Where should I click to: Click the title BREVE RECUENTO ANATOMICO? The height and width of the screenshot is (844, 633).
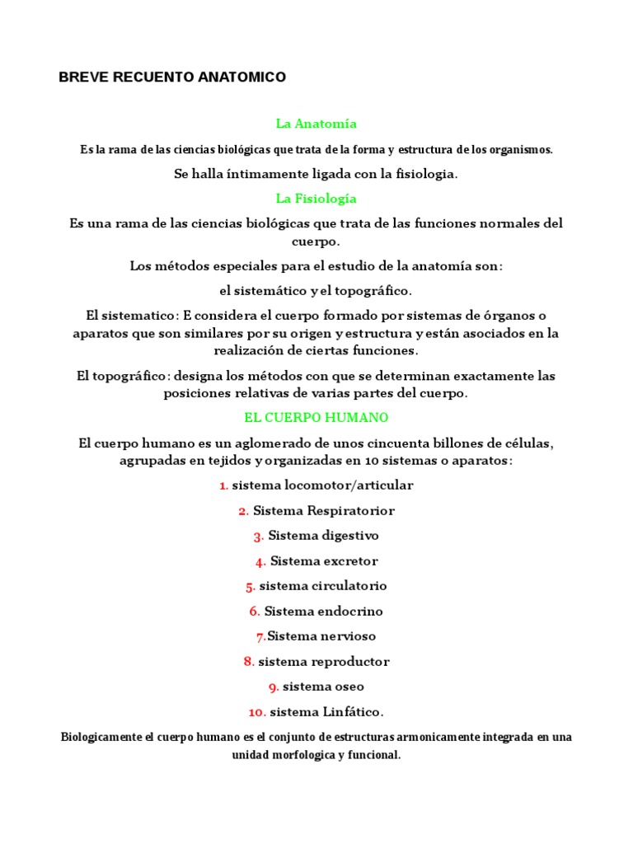pyautogui.click(x=173, y=77)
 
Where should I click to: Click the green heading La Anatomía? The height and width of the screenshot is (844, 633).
pyautogui.click(x=316, y=124)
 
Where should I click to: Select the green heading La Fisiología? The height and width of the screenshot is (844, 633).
pyautogui.click(x=316, y=199)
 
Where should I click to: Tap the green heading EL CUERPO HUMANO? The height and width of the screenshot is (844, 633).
pyautogui.click(x=316, y=418)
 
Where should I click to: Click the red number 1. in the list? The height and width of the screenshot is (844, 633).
pyautogui.click(x=223, y=485)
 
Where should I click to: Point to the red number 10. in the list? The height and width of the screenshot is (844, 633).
pyautogui.click(x=256, y=712)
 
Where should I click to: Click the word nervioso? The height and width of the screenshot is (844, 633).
pyautogui.click(x=345, y=636)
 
